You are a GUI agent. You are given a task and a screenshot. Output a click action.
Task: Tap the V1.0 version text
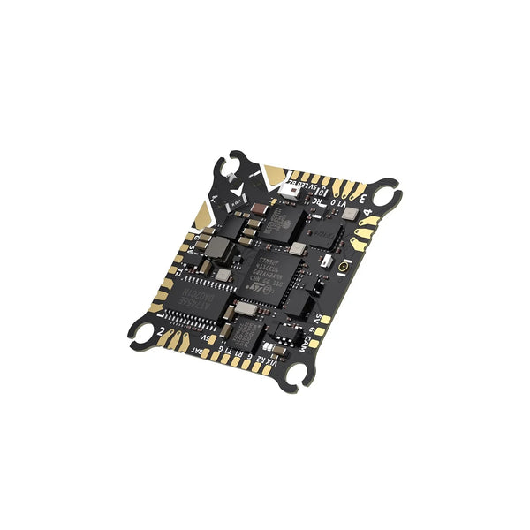pyautogui.click(x=338, y=202)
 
